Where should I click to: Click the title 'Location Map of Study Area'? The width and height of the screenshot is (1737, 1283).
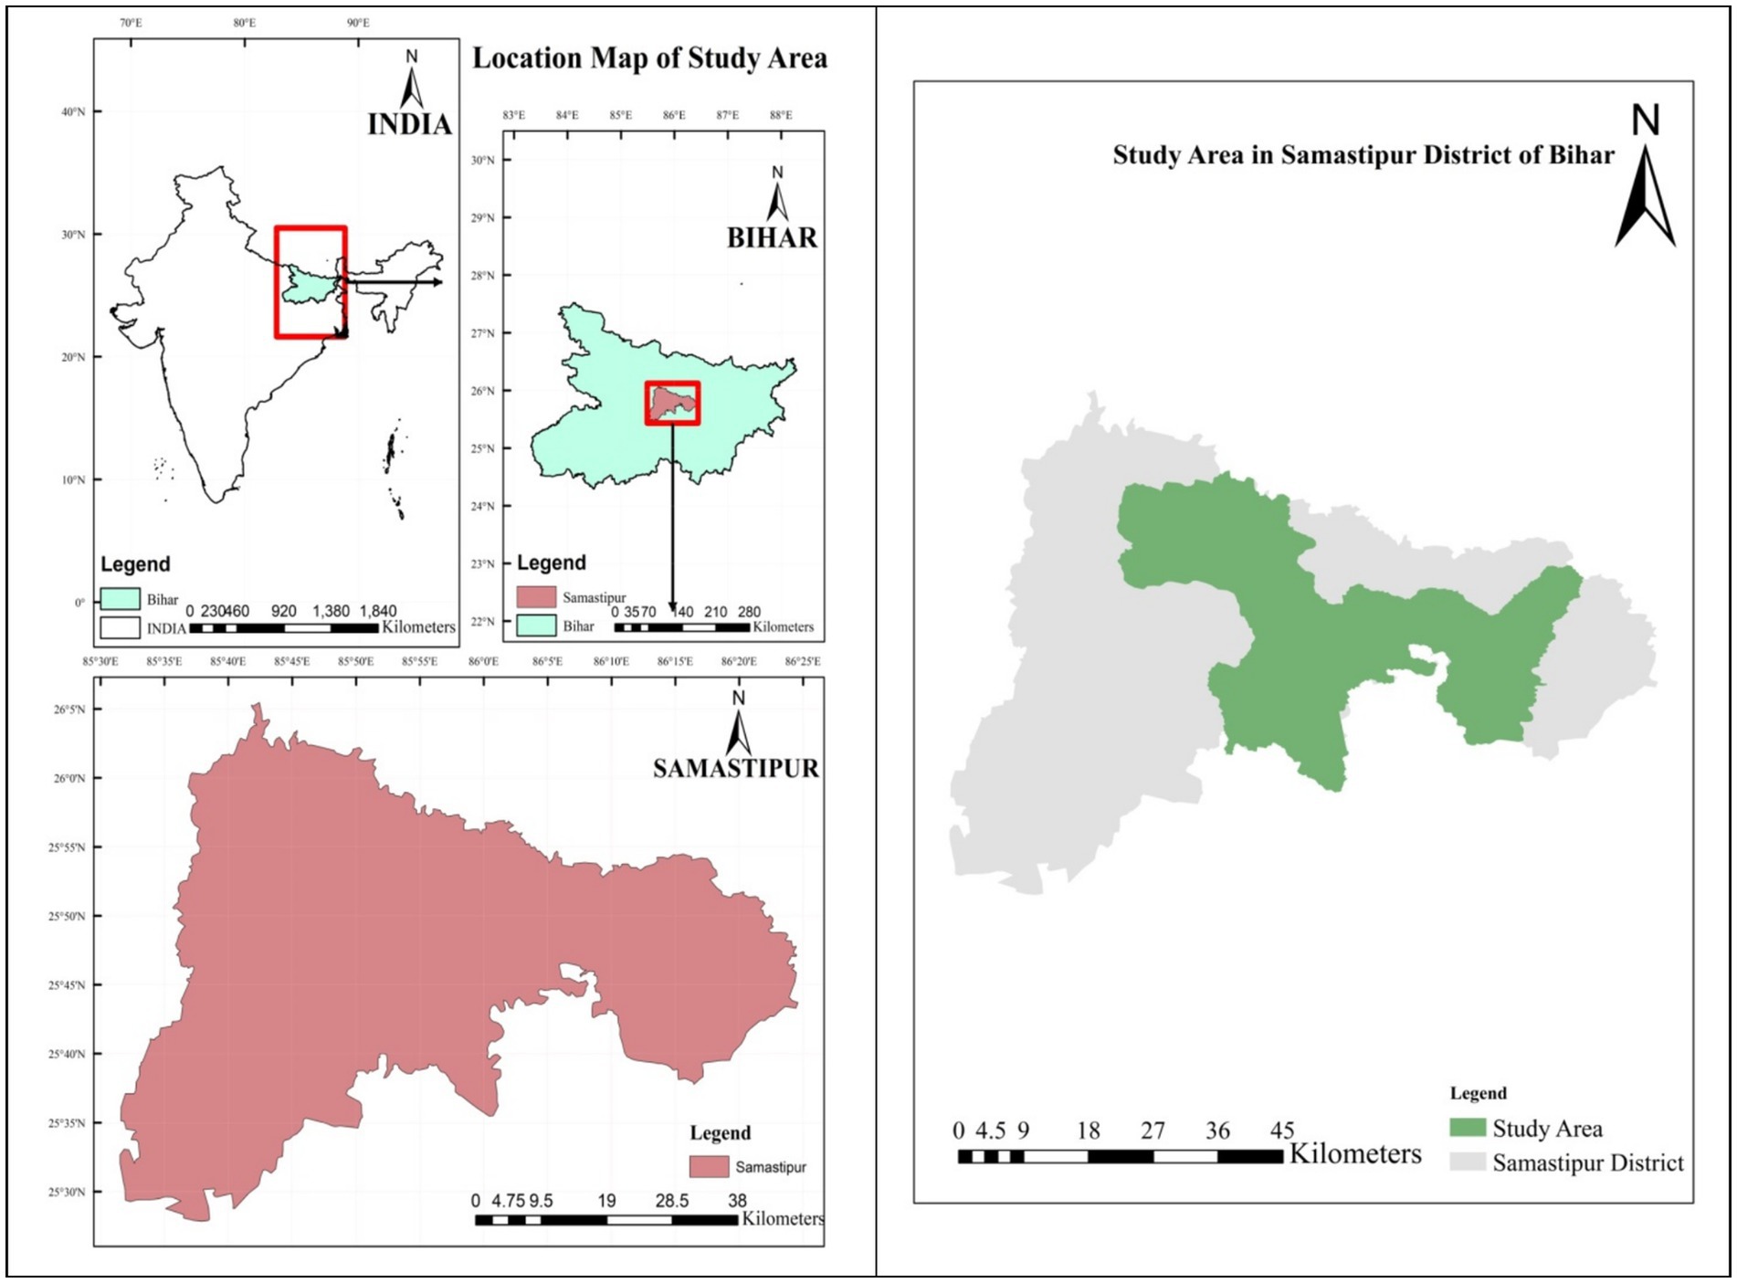tap(649, 58)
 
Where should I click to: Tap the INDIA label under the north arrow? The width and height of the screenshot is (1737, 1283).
tap(409, 124)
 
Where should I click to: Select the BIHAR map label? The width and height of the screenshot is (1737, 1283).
tap(772, 238)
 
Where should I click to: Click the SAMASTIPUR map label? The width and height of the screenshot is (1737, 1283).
tap(735, 769)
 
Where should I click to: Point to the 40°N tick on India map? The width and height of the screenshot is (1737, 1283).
tap(74, 111)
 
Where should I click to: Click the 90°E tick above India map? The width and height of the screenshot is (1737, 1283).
tap(358, 23)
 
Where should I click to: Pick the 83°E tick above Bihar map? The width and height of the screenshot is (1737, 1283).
tap(513, 115)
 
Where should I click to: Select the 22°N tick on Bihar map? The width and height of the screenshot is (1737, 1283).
tap(482, 622)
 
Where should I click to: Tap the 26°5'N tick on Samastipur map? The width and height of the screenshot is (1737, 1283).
tap(68, 710)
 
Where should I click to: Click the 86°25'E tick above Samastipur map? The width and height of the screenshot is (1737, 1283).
tap(802, 661)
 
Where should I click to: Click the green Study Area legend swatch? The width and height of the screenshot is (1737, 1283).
tap(1467, 1128)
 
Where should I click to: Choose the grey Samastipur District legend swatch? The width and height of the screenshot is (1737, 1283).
tap(1467, 1162)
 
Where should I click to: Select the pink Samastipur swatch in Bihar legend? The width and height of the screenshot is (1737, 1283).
tap(536, 597)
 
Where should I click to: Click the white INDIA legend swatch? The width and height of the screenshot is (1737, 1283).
tap(120, 627)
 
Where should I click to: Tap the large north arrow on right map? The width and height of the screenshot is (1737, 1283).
tap(1645, 196)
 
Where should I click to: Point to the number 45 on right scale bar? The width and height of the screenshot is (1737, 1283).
tap(1281, 1131)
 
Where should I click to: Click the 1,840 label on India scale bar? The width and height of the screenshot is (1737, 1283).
tap(377, 611)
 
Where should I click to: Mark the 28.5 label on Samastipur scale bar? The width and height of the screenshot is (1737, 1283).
tap(671, 1201)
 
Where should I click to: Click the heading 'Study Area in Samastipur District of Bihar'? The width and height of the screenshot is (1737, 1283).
tap(1363, 155)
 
